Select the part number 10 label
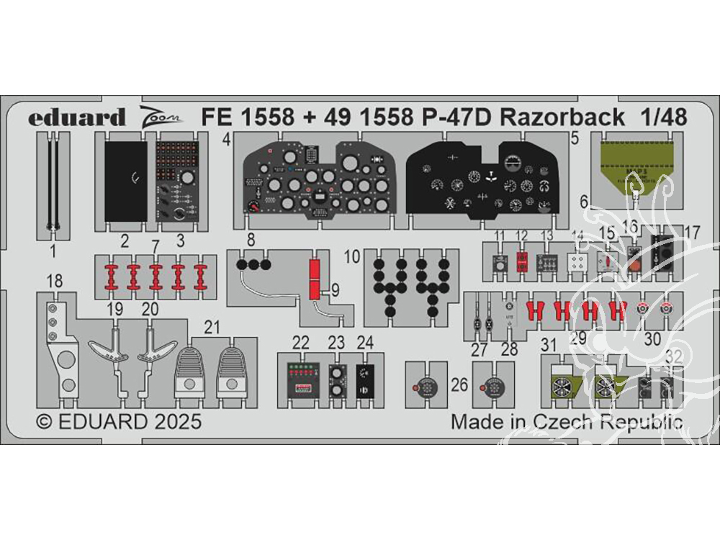tap(352, 256)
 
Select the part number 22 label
tap(301, 342)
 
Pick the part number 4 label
tap(226, 141)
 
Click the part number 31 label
tap(549, 346)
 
